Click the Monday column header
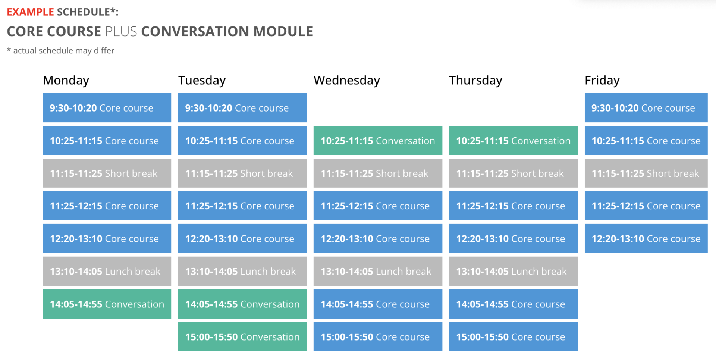66,81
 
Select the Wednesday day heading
347,81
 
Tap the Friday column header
602,81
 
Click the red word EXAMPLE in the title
30,12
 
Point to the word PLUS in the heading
121,32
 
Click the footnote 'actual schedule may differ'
64,51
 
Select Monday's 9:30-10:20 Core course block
107,108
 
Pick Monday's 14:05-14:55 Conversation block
107,304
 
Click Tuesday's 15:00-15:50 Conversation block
242,336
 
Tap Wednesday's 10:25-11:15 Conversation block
378,141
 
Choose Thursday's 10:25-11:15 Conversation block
514,141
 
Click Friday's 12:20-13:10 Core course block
646,238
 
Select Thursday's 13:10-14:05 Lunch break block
514,271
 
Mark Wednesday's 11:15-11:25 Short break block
378,173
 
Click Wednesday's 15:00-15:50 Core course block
378,336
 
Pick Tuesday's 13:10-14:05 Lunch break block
242,271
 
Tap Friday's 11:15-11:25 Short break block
646,173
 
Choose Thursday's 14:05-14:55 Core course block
514,304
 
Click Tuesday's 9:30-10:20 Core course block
242,108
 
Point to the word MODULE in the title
283,32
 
